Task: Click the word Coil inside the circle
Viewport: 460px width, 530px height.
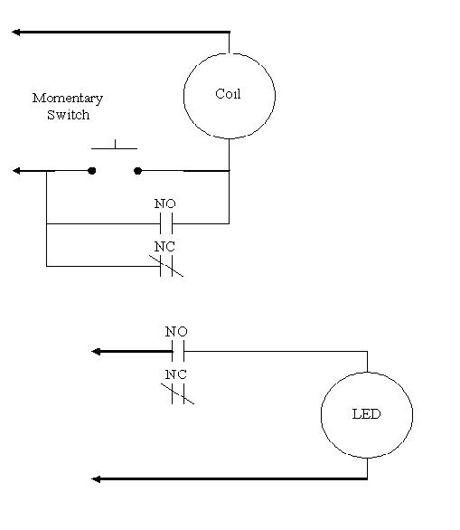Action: pos(228,94)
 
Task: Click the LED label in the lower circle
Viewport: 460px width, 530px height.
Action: pos(366,413)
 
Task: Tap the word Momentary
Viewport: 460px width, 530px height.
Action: pos(68,99)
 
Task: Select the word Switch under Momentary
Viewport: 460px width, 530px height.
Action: pos(68,115)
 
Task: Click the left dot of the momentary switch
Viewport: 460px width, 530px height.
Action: pos(91,171)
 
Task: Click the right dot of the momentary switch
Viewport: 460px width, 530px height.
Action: pos(137,171)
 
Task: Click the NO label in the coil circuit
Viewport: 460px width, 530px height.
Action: pos(164,203)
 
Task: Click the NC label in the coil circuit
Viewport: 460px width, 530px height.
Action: pos(164,247)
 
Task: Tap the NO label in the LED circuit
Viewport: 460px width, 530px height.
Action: pos(176,331)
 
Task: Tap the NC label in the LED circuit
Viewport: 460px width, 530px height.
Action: pos(175,374)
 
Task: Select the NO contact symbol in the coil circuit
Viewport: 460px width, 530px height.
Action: pos(166,223)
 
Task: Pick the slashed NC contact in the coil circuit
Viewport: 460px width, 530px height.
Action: pos(166,266)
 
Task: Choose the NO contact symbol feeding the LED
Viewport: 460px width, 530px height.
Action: pos(178,351)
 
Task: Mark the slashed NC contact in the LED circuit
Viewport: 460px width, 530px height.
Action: pos(178,393)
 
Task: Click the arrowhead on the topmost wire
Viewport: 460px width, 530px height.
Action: pos(16,33)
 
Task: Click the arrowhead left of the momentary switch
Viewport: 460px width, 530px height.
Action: pos(16,171)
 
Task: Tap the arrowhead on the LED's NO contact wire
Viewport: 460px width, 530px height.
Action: pos(96,352)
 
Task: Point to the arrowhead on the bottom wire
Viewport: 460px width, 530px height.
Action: pos(96,479)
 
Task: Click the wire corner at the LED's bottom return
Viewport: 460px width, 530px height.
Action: pos(367,478)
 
